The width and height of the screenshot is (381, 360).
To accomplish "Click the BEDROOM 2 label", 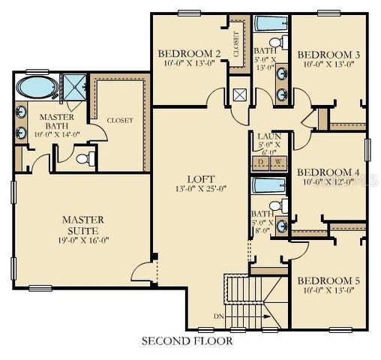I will [189, 53].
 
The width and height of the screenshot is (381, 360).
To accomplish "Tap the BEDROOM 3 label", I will [328, 55].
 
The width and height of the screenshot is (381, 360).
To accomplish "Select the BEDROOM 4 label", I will [329, 172].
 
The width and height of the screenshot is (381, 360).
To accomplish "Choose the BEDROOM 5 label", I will [328, 281].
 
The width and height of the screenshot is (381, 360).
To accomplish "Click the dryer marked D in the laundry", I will [261, 162].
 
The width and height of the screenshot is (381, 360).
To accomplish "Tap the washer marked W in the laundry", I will [277, 162].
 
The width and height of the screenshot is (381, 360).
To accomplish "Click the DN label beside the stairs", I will [217, 316].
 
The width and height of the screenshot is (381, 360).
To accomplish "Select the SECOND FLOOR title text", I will [187, 340].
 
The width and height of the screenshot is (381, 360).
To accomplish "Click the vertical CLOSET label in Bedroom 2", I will [238, 44].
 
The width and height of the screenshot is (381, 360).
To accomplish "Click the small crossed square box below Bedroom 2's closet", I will [238, 95].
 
